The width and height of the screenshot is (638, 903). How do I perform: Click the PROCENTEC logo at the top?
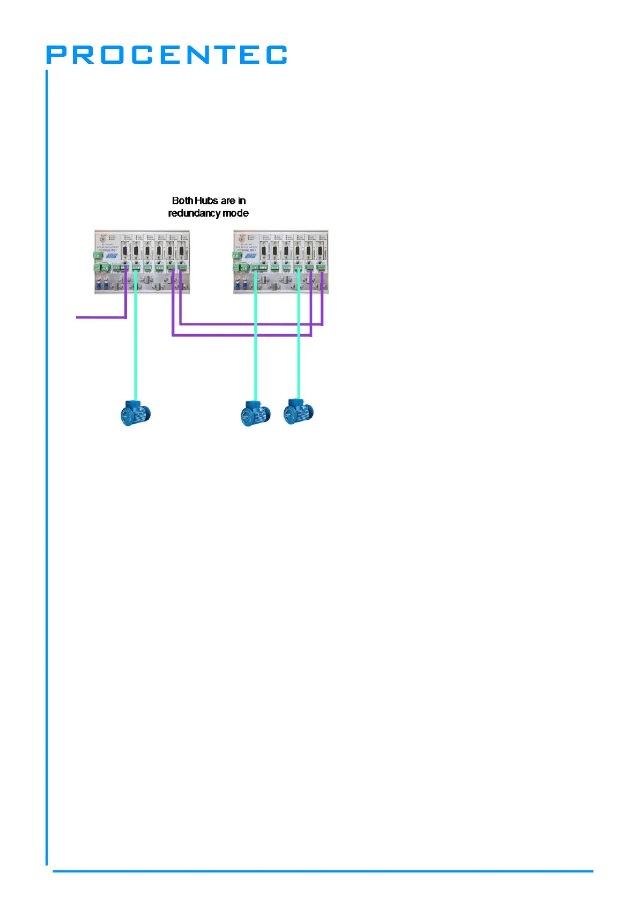pyautogui.click(x=166, y=55)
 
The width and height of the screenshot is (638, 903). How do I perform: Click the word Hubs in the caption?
pyautogui.click(x=206, y=201)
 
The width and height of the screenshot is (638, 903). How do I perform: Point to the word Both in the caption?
pyautogui.click(x=182, y=201)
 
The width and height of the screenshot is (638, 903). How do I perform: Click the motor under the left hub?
pyautogui.click(x=135, y=413)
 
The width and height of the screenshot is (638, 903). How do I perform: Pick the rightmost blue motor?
pyautogui.click(x=299, y=412)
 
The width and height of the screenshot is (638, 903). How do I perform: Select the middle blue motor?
pyautogui.click(x=255, y=413)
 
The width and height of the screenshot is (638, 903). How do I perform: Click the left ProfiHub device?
pyautogui.click(x=142, y=262)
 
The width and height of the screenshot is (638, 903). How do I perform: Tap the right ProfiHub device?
pyautogui.click(x=281, y=262)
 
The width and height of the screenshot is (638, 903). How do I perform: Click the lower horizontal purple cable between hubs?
pyautogui.click(x=241, y=335)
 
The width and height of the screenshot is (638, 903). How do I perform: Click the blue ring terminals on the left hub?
pyautogui.click(x=102, y=282)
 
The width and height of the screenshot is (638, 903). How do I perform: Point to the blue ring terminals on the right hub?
pyautogui.click(x=241, y=282)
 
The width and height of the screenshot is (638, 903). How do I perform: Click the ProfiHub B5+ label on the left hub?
pyautogui.click(x=108, y=250)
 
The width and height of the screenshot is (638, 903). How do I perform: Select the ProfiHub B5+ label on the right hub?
pyautogui.click(x=247, y=250)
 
